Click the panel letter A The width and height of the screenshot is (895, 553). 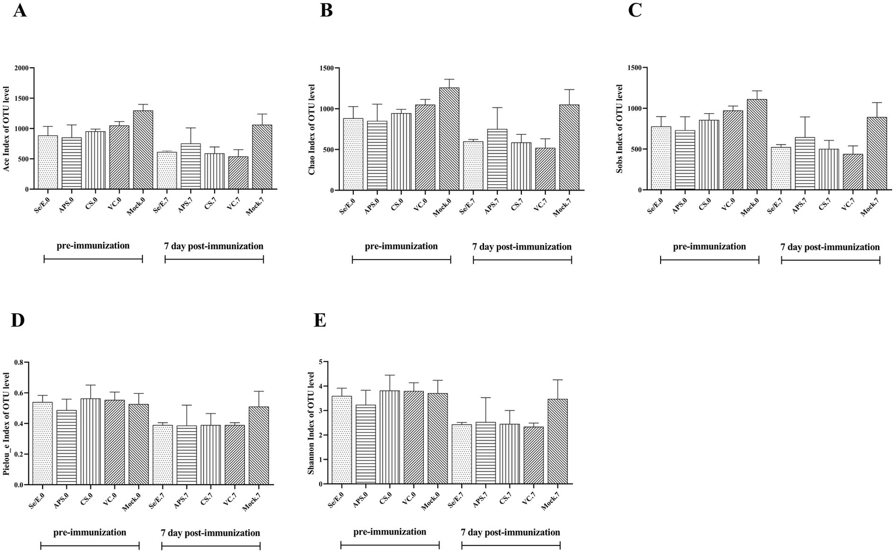click(19, 11)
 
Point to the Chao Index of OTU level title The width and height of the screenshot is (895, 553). click(312, 129)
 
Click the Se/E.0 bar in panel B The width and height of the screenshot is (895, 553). click(353, 155)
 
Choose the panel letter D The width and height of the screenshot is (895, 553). click(17, 320)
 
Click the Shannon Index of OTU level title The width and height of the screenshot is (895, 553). click(312, 423)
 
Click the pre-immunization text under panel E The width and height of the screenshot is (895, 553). click(389, 531)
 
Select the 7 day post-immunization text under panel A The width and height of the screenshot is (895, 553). click(213, 246)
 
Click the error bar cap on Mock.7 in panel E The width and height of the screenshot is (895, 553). click(558, 380)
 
